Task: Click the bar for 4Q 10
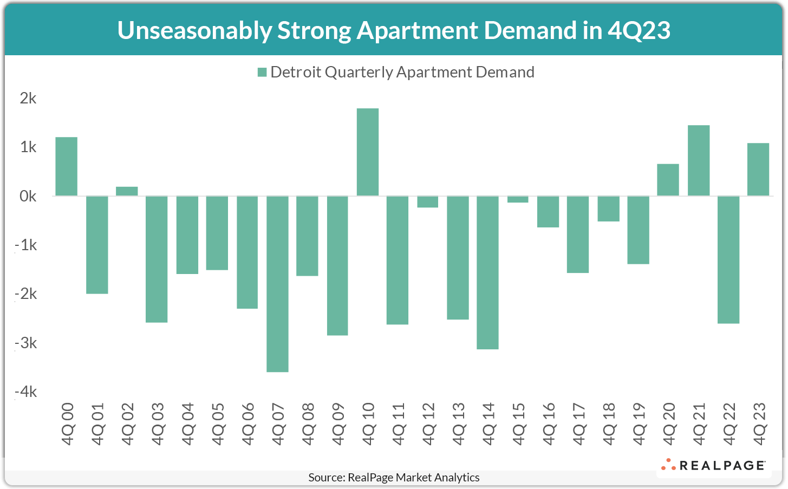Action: (x=367, y=152)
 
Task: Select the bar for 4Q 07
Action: (x=277, y=284)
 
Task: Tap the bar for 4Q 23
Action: (x=758, y=169)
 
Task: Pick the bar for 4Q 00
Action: (x=67, y=166)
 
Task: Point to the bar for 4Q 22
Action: (x=728, y=260)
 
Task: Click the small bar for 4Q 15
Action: (x=517, y=199)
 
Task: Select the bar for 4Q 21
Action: (x=698, y=161)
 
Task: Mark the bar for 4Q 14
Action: (x=487, y=272)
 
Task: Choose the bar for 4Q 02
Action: (x=127, y=191)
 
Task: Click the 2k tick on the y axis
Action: (x=28, y=98)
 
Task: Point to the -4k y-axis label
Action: (x=26, y=392)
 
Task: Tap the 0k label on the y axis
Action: (x=28, y=196)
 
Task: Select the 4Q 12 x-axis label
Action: (x=428, y=424)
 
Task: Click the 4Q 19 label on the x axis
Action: (x=639, y=424)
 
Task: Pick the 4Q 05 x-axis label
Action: (x=217, y=424)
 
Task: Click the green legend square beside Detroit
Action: (x=262, y=73)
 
